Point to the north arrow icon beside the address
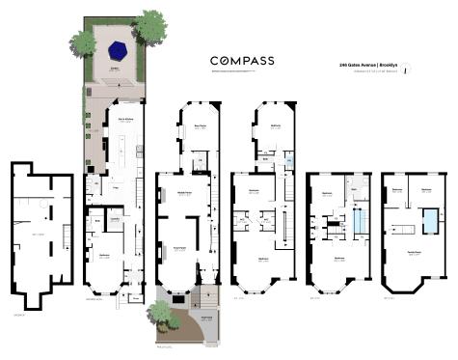point(406,68)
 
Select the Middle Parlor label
point(181,192)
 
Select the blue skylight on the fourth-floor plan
point(359,224)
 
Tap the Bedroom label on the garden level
point(104,256)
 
